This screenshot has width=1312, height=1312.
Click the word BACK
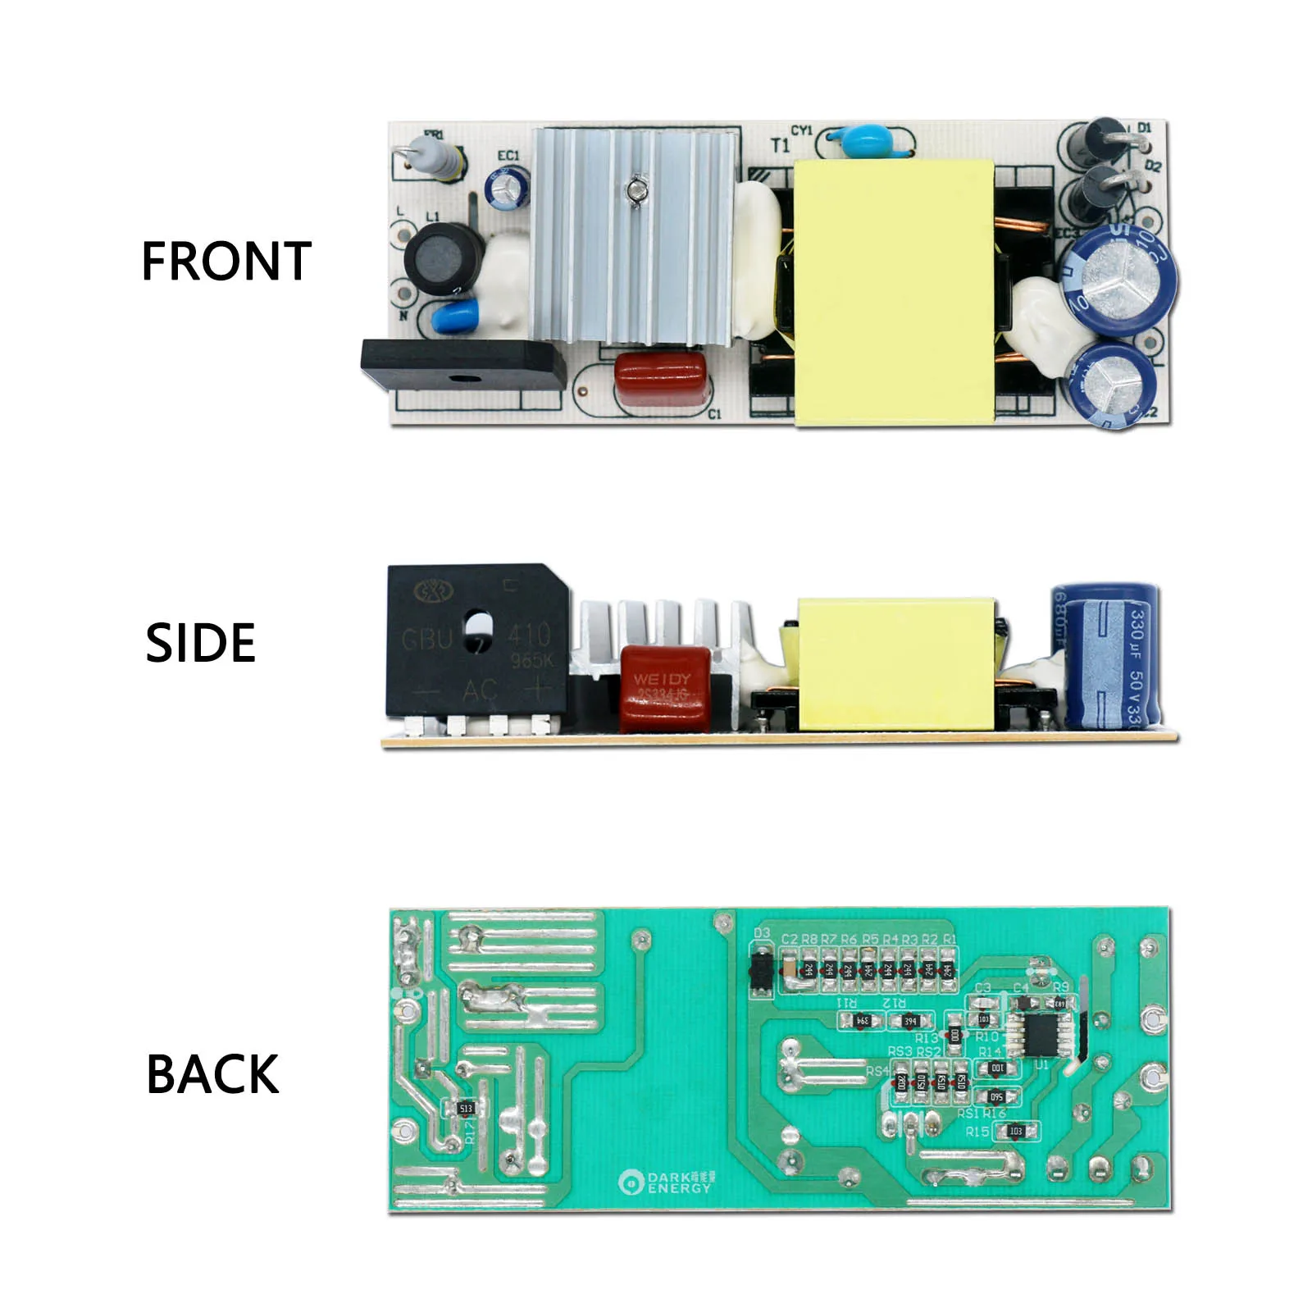[x=212, y=1074]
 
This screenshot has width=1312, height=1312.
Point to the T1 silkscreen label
[x=780, y=145]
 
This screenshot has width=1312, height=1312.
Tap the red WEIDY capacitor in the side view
[x=665, y=688]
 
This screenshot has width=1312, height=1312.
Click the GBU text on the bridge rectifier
[x=426, y=638]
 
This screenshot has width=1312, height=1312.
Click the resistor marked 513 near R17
[x=466, y=1109]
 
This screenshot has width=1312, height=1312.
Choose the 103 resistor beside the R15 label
[x=1016, y=1132]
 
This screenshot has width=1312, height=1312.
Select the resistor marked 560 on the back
[x=997, y=1096]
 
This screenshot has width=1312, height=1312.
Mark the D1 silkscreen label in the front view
[x=1145, y=128]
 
